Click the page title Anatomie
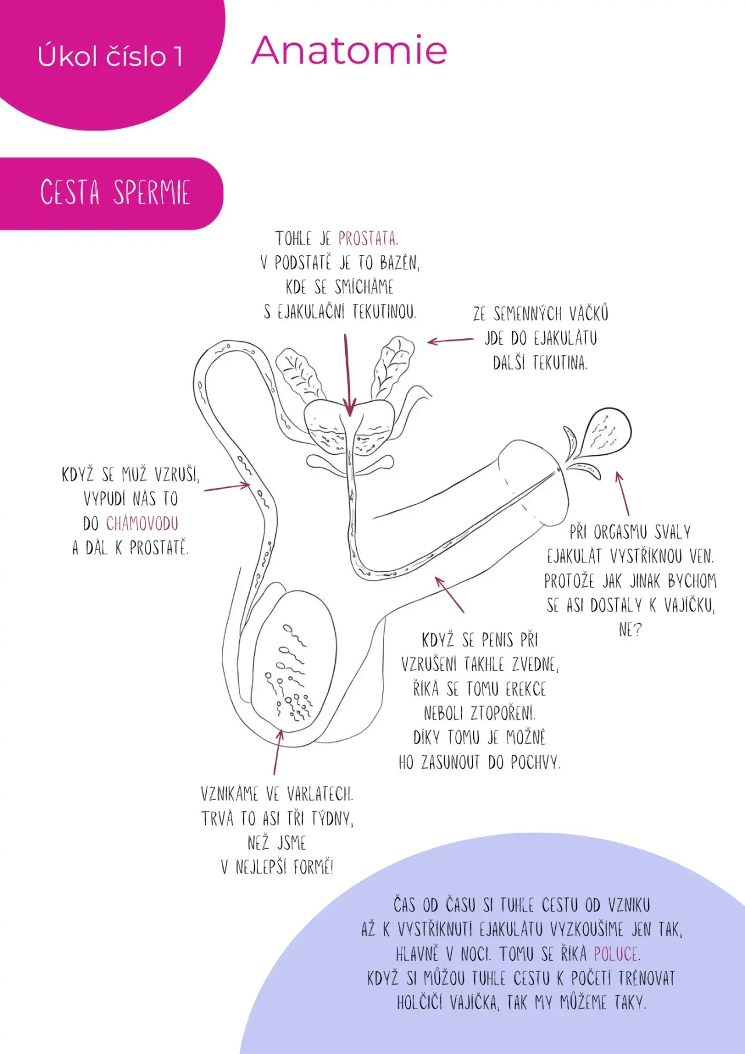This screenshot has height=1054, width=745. point(349,50)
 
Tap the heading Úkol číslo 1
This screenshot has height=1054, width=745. point(111,56)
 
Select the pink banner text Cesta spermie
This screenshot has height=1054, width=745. point(115,192)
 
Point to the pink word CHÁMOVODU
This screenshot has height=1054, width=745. point(142,524)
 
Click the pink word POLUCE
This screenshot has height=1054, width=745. point(617,954)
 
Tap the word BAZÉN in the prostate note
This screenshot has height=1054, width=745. point(400,263)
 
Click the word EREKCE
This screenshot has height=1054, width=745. point(526,689)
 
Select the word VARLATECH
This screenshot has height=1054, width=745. point(320,794)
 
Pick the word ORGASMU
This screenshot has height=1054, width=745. point(620,532)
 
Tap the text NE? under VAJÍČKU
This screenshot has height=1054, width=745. point(630,630)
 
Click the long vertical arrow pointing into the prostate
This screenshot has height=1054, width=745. point(347,375)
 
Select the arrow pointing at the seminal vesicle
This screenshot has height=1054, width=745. point(450,341)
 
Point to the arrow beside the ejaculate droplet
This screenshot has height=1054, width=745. point(623,493)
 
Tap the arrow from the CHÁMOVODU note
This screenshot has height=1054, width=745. point(227,487)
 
